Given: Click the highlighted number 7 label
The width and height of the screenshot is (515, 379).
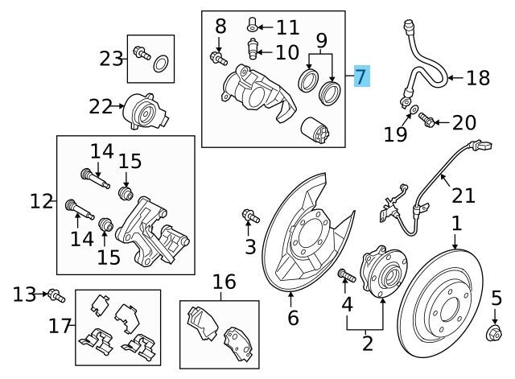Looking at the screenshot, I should click(x=359, y=78).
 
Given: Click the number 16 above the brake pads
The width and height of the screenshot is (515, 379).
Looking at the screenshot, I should click(x=225, y=282).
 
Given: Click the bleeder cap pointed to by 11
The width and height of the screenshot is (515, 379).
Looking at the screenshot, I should click(x=253, y=27).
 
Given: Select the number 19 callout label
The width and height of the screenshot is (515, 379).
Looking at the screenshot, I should click(x=395, y=134).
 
